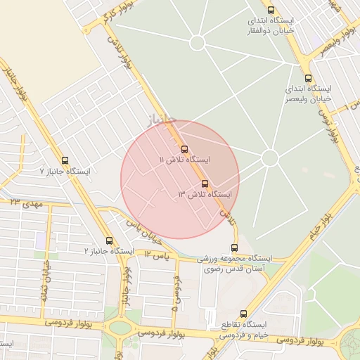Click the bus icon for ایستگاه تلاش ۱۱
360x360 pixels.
point(184,149)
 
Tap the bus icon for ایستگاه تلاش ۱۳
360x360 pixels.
point(205,183)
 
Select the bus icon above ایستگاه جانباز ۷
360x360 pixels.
point(65,160)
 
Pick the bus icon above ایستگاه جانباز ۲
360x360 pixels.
point(108,240)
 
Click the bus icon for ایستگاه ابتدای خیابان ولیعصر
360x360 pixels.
point(308,79)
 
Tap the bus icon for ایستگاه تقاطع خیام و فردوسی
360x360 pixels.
point(243,314)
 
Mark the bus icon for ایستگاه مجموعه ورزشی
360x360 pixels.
point(234,247)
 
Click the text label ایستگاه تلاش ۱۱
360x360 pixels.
point(184,160)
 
